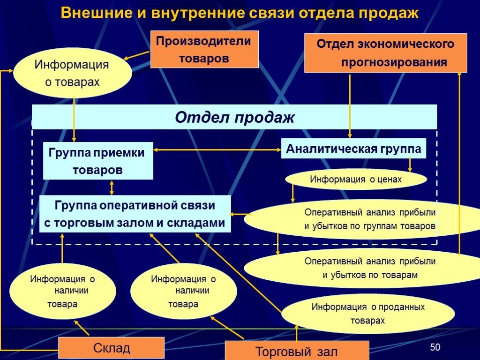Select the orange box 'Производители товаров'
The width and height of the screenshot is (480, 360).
204,50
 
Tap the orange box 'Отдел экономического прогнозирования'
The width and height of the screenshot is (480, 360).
385,53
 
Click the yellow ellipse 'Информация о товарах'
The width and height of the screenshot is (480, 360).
72,73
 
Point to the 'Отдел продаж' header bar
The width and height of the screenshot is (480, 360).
234,117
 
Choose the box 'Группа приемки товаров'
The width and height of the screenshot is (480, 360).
98,161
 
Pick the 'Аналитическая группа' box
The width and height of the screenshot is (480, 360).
353,149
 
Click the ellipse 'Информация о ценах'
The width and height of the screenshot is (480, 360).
356,179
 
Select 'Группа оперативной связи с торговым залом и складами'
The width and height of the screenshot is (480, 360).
135,214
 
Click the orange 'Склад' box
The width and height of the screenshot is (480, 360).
111,348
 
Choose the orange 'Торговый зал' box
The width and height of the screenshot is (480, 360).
297,351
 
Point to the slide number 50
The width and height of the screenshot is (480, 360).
435,347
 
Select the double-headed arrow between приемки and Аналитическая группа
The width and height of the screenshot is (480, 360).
217,150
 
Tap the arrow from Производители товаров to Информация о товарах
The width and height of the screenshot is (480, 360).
137,56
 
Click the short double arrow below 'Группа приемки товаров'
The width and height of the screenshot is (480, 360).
112,187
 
